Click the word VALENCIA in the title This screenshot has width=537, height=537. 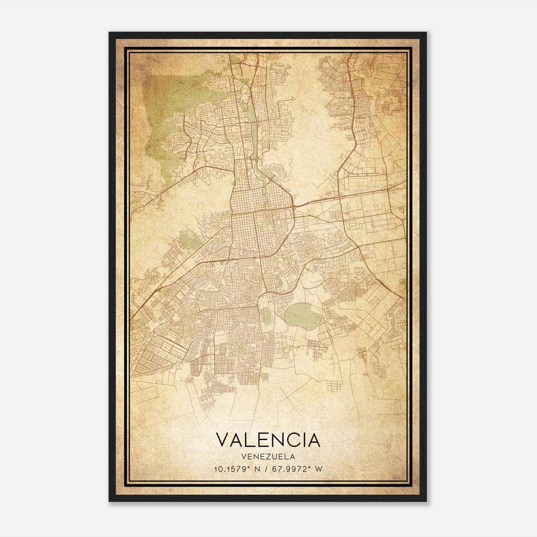pos(268,440)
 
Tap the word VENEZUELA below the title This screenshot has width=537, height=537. pos(268,457)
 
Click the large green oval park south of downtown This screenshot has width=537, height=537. pos(302,315)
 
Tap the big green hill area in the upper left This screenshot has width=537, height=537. pos(164,114)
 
